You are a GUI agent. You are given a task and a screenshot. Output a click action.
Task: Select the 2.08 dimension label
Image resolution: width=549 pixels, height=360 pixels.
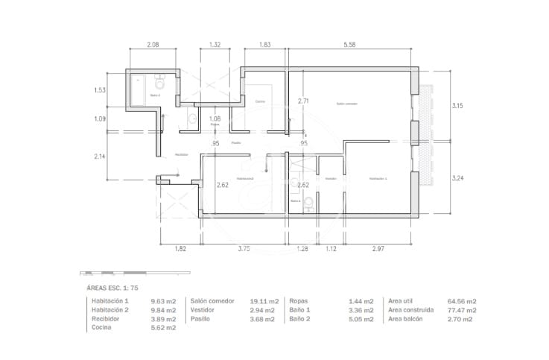[152, 45]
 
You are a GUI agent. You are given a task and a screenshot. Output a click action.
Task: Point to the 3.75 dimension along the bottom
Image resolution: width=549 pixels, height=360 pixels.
[244, 248]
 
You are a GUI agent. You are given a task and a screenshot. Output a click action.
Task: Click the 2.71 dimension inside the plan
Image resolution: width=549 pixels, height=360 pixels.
[303, 101]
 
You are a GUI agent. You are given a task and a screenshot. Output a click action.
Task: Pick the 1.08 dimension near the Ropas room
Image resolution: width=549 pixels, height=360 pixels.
[215, 119]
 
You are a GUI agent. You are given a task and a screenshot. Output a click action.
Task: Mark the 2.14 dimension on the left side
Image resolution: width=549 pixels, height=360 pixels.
[100, 157]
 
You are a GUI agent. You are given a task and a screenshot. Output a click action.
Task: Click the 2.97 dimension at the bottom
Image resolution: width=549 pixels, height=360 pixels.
[378, 248]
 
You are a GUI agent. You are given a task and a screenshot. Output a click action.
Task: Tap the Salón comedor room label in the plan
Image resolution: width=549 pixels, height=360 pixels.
[347, 104]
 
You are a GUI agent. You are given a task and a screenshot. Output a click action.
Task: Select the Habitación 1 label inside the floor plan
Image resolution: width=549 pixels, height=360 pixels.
[378, 179]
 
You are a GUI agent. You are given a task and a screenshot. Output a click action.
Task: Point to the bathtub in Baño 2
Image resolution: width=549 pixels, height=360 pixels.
[139, 92]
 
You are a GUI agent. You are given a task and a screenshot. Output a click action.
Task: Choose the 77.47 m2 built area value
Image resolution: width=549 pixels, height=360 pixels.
[462, 309]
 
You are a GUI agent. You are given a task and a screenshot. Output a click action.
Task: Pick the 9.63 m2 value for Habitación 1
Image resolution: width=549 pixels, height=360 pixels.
[163, 300]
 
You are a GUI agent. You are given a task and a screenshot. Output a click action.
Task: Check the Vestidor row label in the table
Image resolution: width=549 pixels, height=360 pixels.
[205, 309]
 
